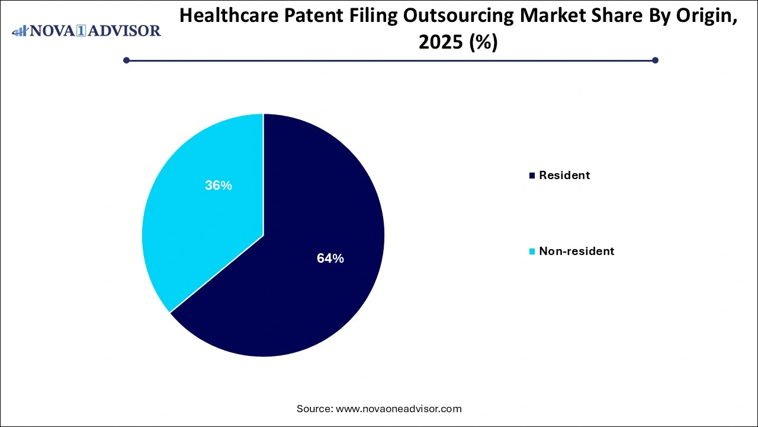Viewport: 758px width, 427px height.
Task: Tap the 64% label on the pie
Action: [x=330, y=259]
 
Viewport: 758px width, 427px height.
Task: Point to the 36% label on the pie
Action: [x=219, y=186]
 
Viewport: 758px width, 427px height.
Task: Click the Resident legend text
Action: [x=564, y=176]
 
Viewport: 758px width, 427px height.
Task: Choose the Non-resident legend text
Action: [x=576, y=251]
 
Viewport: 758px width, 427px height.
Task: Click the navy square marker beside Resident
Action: [x=532, y=176]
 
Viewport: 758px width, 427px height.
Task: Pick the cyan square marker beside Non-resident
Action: [x=532, y=251]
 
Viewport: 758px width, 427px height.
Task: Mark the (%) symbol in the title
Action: [x=482, y=43]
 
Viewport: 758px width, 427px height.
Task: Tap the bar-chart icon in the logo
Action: [x=20, y=30]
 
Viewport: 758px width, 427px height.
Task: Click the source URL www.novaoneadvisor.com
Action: [x=398, y=409]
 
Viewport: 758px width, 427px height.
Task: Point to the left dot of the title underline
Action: [x=126, y=60]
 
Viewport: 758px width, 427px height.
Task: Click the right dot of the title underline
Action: [x=655, y=60]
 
